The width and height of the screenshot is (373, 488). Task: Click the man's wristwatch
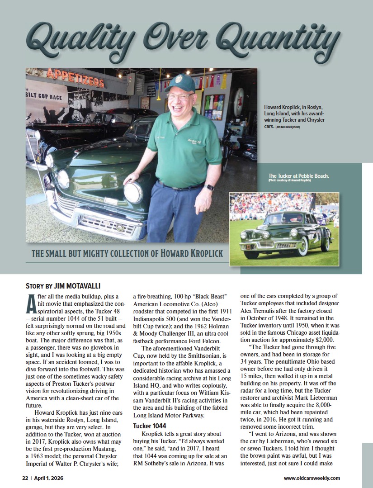coord(209,188)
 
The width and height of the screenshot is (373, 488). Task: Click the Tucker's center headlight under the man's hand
coord(133,192)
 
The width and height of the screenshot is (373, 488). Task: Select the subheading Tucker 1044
coord(150,426)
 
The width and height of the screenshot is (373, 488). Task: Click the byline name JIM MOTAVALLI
coord(77,286)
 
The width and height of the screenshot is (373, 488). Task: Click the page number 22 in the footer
coord(26,478)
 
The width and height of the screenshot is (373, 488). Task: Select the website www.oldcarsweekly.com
coord(312,478)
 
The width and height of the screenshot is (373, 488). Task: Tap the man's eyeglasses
coord(179,96)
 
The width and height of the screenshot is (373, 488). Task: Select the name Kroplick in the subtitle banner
coord(203,253)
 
